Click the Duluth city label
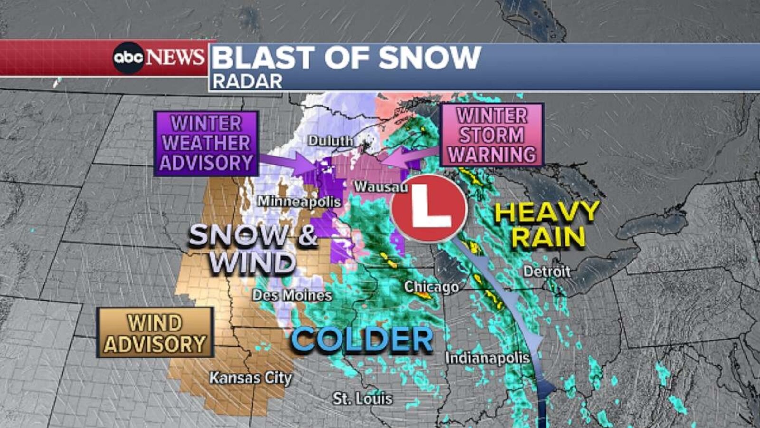[x=331, y=141]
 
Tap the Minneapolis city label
[x=299, y=202]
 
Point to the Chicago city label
[x=431, y=287]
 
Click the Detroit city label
[x=547, y=272]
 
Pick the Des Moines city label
[x=292, y=295]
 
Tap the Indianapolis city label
[x=487, y=358]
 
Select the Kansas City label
[x=250, y=378]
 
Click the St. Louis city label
[x=362, y=399]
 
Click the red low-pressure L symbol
[x=430, y=208]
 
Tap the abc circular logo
[x=128, y=58]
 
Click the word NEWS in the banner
[x=175, y=58]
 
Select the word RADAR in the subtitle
[x=247, y=82]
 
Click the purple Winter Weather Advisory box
[x=206, y=143]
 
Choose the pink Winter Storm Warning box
[x=492, y=135]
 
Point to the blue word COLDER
[x=362, y=340]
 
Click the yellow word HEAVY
[x=547, y=212]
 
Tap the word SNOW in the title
[x=429, y=58]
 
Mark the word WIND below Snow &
[x=253, y=263]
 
